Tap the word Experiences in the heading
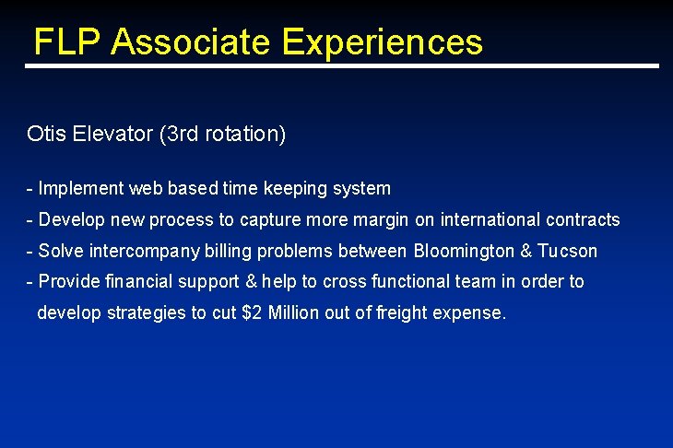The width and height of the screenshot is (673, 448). pos(383,42)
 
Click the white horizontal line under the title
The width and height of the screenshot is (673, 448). pos(341,66)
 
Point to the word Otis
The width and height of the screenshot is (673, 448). pos(45,134)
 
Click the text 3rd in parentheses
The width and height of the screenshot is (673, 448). pos(182,134)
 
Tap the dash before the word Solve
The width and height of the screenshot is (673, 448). pos(30,252)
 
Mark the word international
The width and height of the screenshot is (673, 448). pos(490,220)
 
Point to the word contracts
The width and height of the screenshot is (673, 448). pos(583,220)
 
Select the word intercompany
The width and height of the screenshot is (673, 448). pos(143,252)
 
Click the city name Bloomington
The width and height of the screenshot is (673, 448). pos(464,252)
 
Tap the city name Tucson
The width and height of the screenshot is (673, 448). pos(568,252)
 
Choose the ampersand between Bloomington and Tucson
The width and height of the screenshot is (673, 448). pos(526,252)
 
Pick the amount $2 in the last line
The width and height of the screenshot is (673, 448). pos(251,313)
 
